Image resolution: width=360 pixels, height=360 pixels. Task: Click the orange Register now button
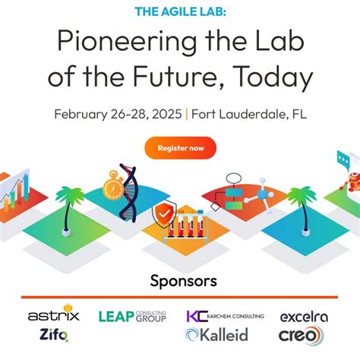tap(180, 147)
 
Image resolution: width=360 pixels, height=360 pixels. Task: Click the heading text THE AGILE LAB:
tap(180, 11)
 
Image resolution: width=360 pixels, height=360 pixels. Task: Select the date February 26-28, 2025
tap(118, 114)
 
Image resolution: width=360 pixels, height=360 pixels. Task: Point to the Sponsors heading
tap(180, 281)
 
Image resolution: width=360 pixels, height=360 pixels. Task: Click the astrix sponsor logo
tap(53, 314)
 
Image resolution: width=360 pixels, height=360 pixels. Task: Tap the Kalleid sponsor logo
tap(216, 335)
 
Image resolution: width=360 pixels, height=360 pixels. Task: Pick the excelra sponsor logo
tap(304, 316)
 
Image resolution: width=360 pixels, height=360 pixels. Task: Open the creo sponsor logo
tap(301, 335)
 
